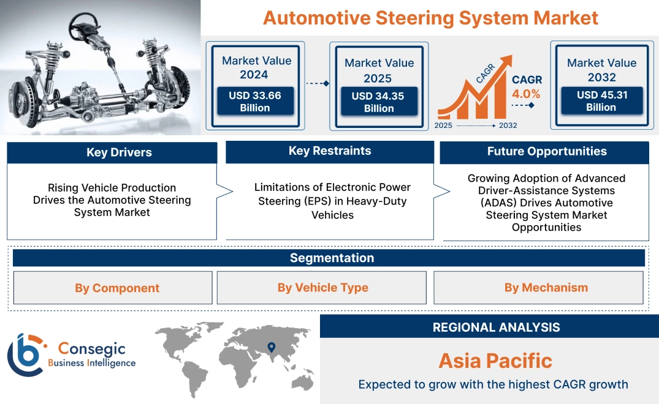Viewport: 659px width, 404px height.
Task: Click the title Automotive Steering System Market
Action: (430, 18)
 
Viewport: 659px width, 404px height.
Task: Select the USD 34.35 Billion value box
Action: (378, 102)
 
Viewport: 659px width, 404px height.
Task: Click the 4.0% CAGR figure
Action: (526, 94)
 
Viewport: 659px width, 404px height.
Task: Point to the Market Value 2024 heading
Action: (256, 67)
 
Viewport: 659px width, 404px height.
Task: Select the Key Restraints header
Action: (330, 151)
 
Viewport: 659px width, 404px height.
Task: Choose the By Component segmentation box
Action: (117, 288)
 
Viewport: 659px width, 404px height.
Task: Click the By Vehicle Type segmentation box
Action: (322, 288)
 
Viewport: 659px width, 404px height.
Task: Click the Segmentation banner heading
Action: (332, 258)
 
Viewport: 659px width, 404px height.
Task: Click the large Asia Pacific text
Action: (495, 361)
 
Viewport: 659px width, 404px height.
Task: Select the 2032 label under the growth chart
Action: (507, 125)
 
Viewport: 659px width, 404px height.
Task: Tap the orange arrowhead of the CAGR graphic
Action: (506, 62)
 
